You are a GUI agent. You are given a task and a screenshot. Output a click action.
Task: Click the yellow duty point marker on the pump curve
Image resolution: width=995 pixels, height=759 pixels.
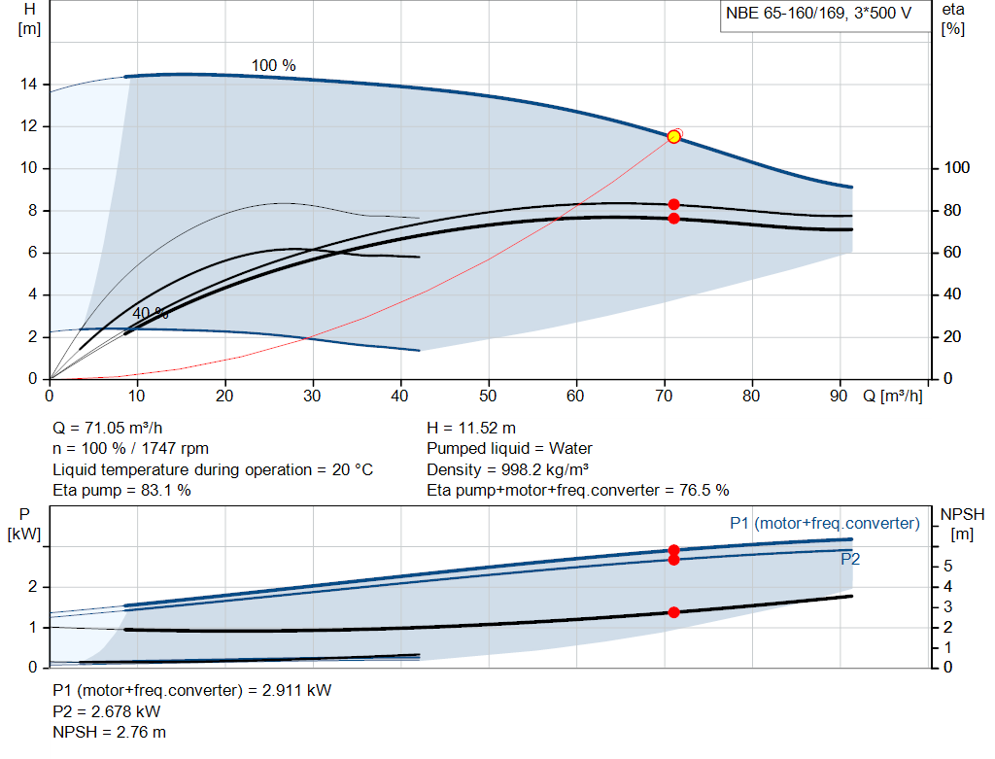coord(673,137)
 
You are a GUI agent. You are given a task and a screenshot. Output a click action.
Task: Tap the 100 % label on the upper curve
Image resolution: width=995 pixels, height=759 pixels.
coord(274,66)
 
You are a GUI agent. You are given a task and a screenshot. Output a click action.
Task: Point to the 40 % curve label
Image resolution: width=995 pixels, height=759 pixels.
coord(151,314)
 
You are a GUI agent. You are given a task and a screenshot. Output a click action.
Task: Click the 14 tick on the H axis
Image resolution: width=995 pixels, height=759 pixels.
coord(28,86)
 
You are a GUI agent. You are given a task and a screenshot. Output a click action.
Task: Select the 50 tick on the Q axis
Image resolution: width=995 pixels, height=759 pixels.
coord(489,396)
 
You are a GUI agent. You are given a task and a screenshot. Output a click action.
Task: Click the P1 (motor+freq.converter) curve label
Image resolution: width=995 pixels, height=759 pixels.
coord(824,524)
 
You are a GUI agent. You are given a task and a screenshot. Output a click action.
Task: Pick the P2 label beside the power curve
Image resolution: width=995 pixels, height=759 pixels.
coord(850,560)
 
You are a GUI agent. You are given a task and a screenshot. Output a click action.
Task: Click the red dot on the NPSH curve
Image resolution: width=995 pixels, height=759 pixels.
coord(673,612)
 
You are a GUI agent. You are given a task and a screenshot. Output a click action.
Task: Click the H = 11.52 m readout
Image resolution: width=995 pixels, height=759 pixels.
coord(471,428)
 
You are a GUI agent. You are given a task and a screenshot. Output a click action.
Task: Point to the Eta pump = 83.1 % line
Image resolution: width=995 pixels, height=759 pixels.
coord(121,491)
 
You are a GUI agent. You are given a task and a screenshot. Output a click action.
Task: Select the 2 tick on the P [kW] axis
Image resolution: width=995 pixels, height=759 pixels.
coord(32,587)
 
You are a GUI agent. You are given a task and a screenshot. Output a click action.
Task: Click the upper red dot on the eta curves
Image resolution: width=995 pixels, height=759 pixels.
coord(673,204)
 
